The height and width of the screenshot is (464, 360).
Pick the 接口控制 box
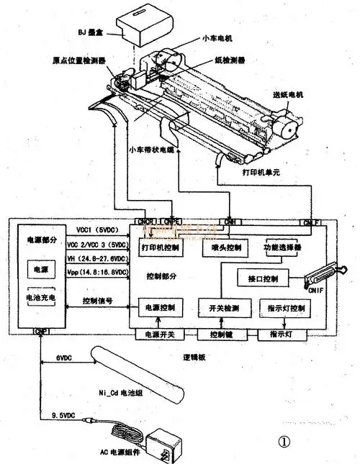click(263, 278)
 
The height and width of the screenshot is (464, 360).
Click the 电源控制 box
click(162, 308)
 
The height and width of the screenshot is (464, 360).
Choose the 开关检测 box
click(221, 308)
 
